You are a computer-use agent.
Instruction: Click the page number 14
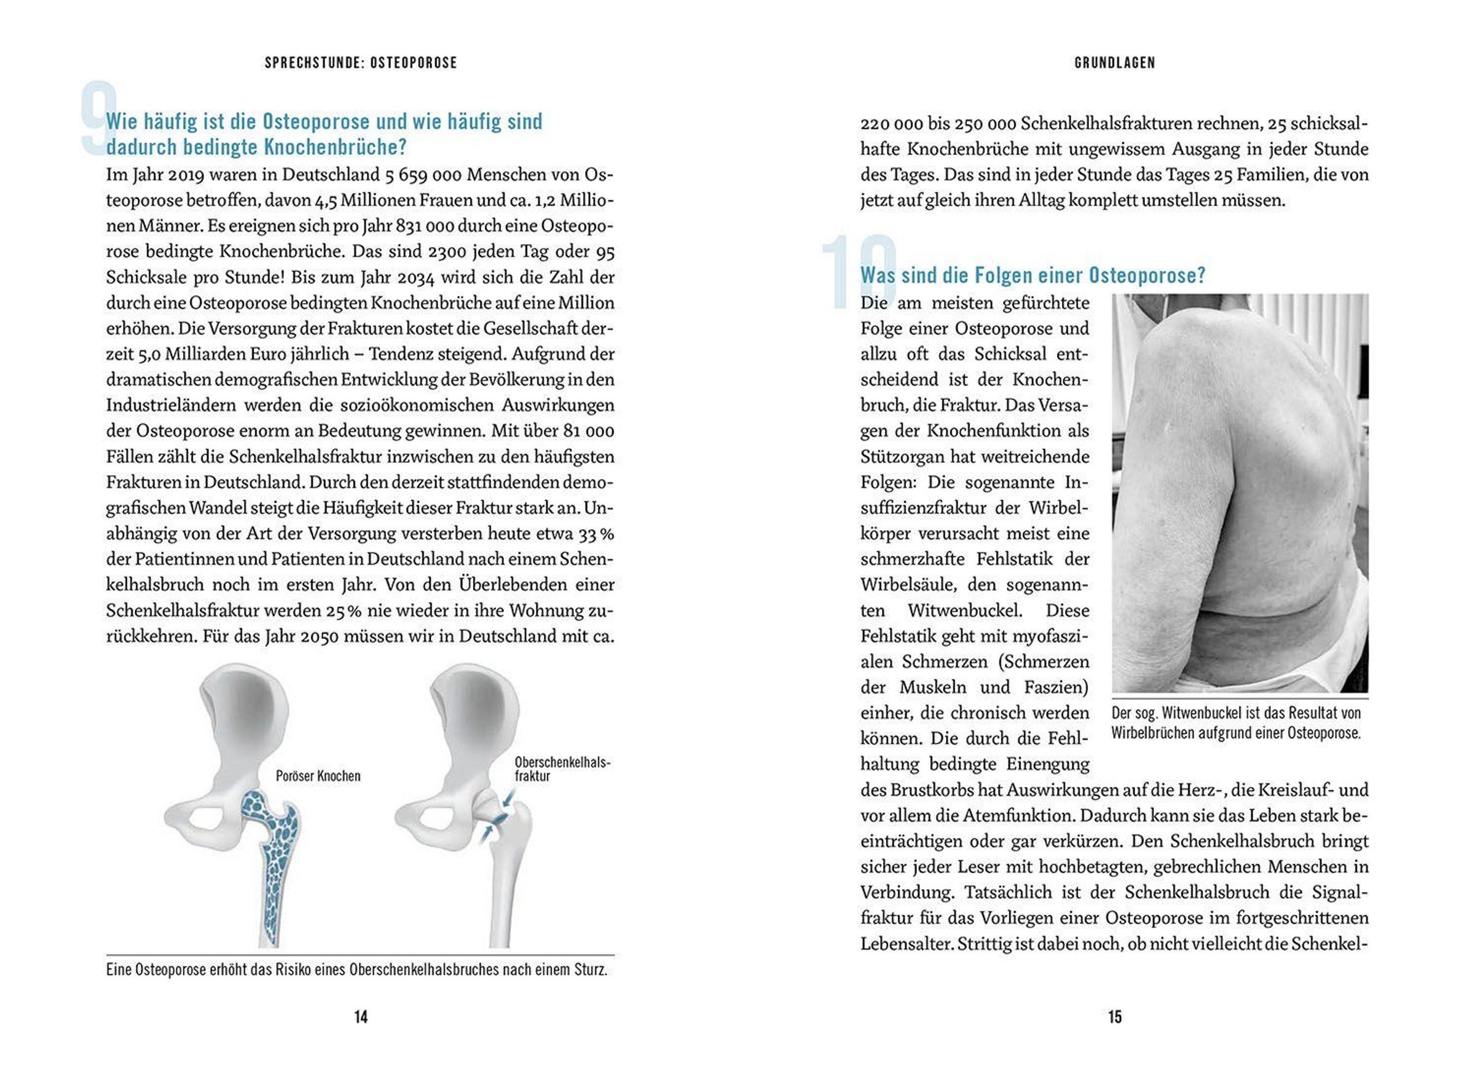tap(360, 1016)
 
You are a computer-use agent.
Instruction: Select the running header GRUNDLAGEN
tap(1115, 63)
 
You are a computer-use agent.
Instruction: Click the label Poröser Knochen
tap(318, 776)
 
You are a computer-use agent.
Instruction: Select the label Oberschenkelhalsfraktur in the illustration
tap(562, 769)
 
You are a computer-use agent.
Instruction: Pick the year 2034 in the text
tap(415, 277)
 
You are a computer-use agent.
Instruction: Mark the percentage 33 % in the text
tap(596, 534)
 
